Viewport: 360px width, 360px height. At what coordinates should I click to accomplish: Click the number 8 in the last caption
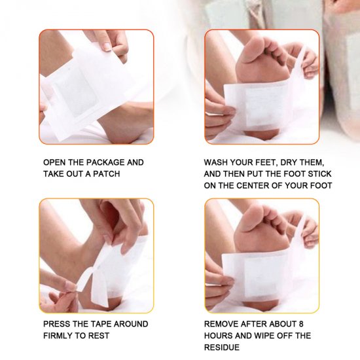point(301,324)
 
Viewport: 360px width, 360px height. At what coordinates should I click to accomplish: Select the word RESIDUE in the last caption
point(222,348)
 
